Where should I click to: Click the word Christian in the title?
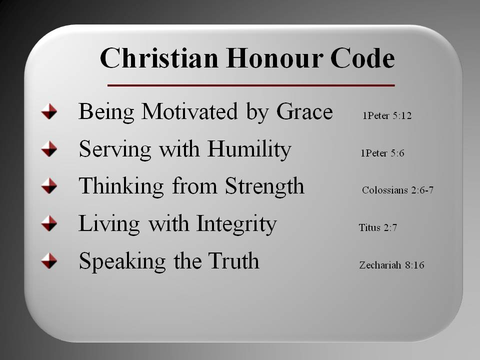(159, 57)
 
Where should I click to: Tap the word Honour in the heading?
(274, 57)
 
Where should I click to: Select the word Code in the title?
(363, 57)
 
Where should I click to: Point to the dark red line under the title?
(251, 85)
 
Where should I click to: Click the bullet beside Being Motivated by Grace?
(49, 111)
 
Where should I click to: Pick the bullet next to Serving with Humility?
(49, 149)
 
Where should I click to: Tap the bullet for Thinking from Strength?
(49, 186)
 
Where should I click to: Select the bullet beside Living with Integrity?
(49, 223)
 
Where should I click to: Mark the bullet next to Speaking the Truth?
(49, 261)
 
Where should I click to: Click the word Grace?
(304, 111)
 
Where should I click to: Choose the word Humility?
(249, 149)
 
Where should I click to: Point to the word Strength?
(265, 186)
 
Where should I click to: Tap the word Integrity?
(236, 224)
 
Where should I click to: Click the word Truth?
(233, 260)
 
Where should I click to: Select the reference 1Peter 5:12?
(387, 115)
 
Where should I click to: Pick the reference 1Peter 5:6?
(382, 153)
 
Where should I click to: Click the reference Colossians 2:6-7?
(397, 190)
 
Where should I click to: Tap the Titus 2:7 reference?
(378, 227)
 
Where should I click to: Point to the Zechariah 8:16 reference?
(392, 265)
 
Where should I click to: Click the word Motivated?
(189, 111)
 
